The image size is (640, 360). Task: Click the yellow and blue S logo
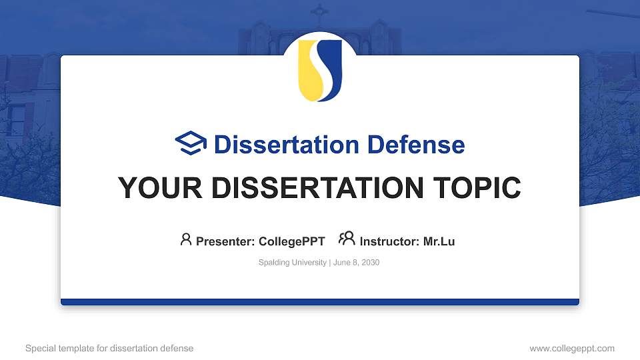pos(320,70)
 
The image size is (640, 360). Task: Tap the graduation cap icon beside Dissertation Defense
pos(191,144)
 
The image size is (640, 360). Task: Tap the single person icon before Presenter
pos(186,239)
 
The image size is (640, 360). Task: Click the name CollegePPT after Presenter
pos(291,241)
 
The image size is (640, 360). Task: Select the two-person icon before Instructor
pos(347,239)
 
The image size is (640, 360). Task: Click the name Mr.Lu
pos(439,241)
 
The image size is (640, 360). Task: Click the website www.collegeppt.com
pos(571,348)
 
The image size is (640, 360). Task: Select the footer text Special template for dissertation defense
pos(109,348)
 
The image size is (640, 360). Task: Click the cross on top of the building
pos(320,11)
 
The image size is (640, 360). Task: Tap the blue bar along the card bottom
pos(320,302)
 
